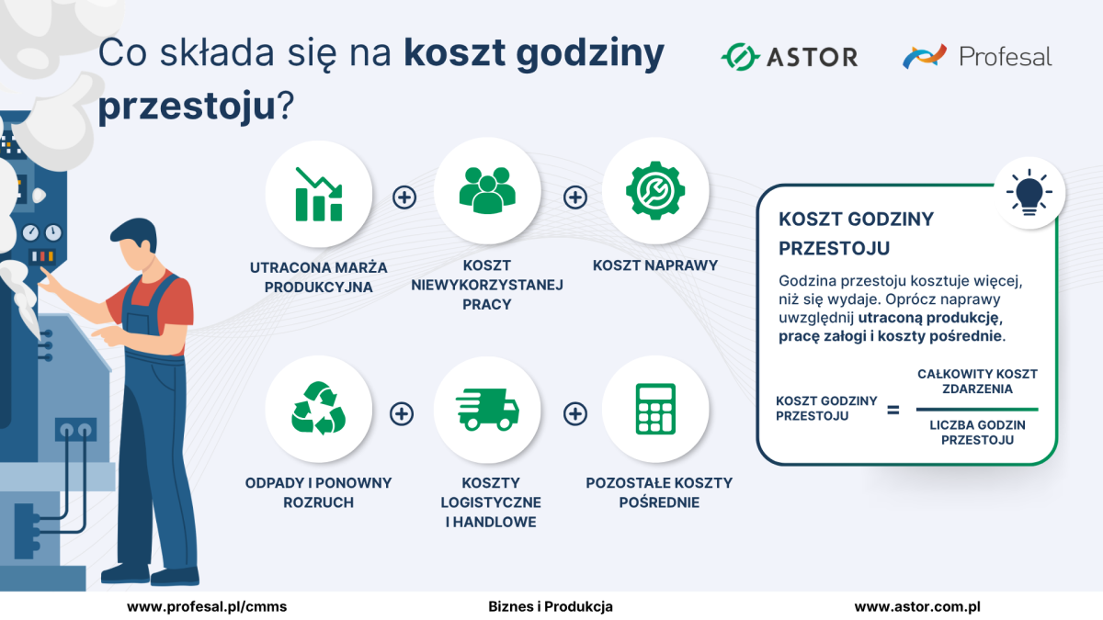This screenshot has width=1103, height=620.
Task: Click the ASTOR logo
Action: (x=790, y=57)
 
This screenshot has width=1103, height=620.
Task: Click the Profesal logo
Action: (x=977, y=56)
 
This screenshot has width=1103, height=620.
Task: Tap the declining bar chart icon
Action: (x=319, y=195)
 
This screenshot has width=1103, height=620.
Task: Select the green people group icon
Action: (x=487, y=191)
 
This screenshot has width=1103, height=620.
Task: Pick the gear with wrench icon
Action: (x=655, y=190)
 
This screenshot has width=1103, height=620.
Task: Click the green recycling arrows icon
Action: (x=319, y=408)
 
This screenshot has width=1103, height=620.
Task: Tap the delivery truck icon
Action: (x=487, y=410)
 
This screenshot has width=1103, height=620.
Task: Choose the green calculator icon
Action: (x=655, y=409)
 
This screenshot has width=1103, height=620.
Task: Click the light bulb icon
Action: (x=1029, y=192)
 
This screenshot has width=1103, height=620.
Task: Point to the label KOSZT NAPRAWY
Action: (x=655, y=265)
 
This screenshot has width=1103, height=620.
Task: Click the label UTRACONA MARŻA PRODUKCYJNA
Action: (x=319, y=277)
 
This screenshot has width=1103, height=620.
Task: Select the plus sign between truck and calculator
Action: (x=574, y=414)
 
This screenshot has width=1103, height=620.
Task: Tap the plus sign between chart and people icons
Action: (x=404, y=197)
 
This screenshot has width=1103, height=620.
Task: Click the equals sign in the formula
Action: (x=893, y=410)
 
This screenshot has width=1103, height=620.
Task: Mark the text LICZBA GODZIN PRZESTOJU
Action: (x=977, y=433)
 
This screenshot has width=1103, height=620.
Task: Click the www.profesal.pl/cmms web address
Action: (x=207, y=607)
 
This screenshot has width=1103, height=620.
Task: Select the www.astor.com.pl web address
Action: (x=917, y=607)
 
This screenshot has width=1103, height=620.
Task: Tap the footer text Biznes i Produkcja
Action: (x=551, y=607)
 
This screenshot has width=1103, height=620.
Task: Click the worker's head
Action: (x=135, y=244)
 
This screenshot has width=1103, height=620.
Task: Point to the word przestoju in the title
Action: (x=187, y=107)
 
